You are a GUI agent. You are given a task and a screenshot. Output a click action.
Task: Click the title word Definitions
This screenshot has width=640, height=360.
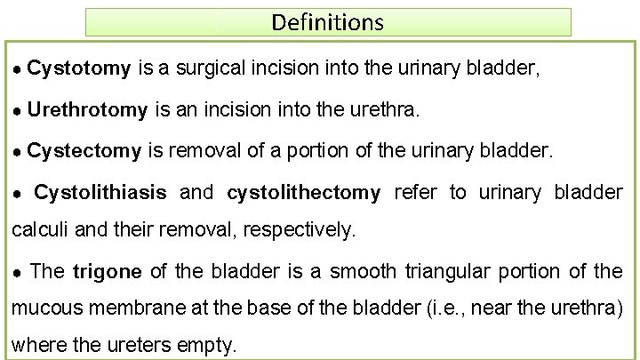pos(327,21)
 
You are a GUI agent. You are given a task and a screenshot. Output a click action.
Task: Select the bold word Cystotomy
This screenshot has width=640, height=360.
pos(79,68)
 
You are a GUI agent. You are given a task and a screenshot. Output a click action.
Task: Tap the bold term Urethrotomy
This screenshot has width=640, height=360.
pos(87,110)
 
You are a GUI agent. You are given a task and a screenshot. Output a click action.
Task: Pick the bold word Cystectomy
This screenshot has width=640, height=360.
pos(84,151)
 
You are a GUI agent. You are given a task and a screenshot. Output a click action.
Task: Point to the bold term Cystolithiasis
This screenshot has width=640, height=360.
pos(100,193)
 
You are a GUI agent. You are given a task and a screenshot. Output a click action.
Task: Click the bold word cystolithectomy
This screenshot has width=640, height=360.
pos(304,193)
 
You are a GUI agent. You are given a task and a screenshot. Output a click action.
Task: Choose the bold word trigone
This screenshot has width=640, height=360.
pos(108,271)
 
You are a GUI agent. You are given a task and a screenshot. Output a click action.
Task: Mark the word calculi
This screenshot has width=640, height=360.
pos(41,230)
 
